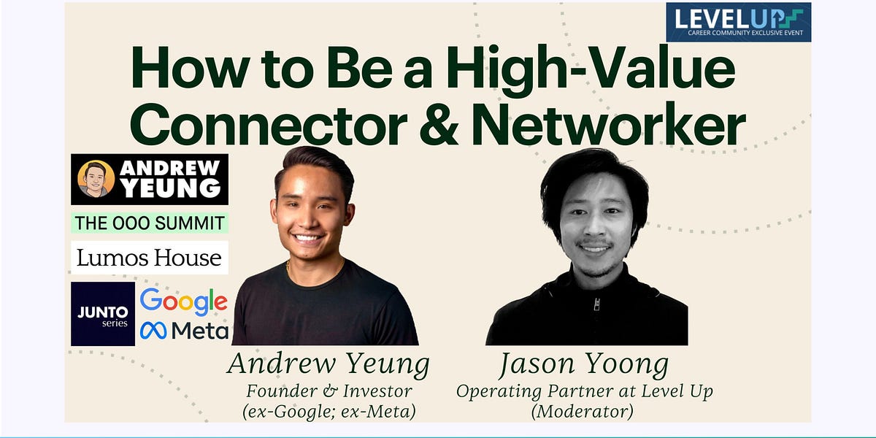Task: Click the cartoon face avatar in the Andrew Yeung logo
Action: [x=97, y=179]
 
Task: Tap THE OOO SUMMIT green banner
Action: [x=150, y=223]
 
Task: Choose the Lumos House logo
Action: [x=150, y=258]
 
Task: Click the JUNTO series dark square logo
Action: [x=103, y=314]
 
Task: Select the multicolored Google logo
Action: [x=183, y=301]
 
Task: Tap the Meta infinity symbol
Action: [x=154, y=331]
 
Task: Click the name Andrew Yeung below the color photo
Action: [x=328, y=364]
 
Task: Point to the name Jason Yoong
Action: [x=584, y=364]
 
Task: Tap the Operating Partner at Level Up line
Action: [x=584, y=391]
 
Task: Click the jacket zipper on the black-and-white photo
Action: [x=596, y=303]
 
